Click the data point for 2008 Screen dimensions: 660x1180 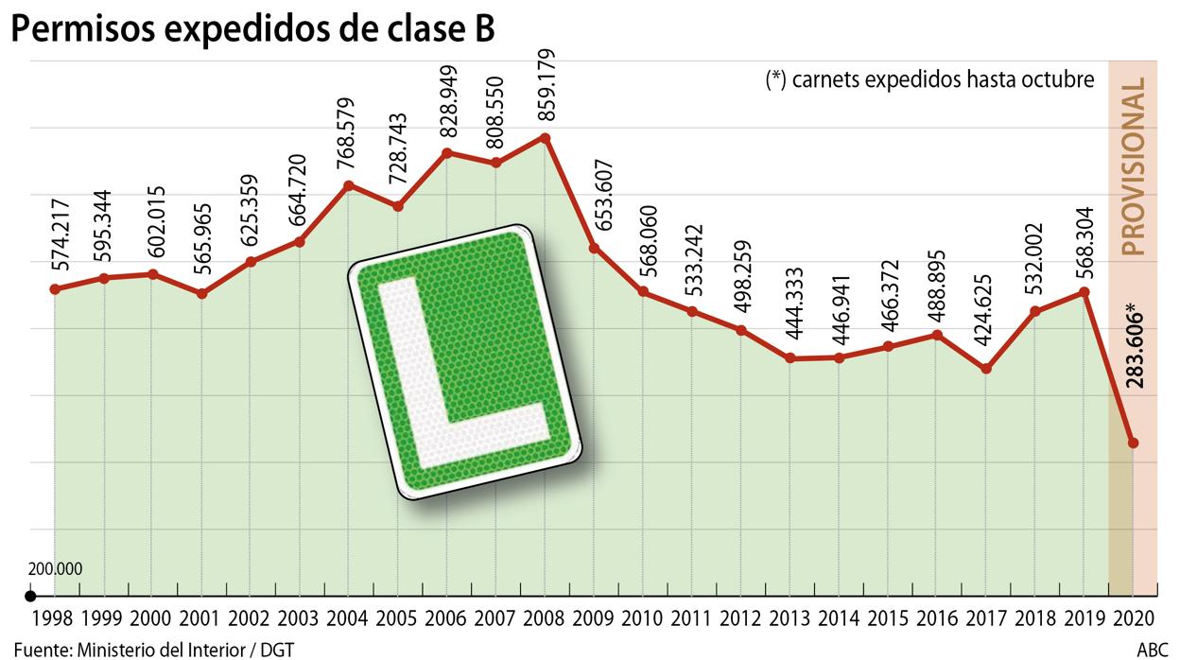tap(546, 137)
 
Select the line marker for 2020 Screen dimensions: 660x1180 tap(1133, 443)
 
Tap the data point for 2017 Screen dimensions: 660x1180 tap(986, 368)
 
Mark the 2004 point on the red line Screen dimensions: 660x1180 tap(349, 184)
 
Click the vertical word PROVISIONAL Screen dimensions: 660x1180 tap(1133, 167)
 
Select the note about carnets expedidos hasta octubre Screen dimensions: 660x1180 tap(929, 80)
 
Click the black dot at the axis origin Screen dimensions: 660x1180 tap(30, 596)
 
